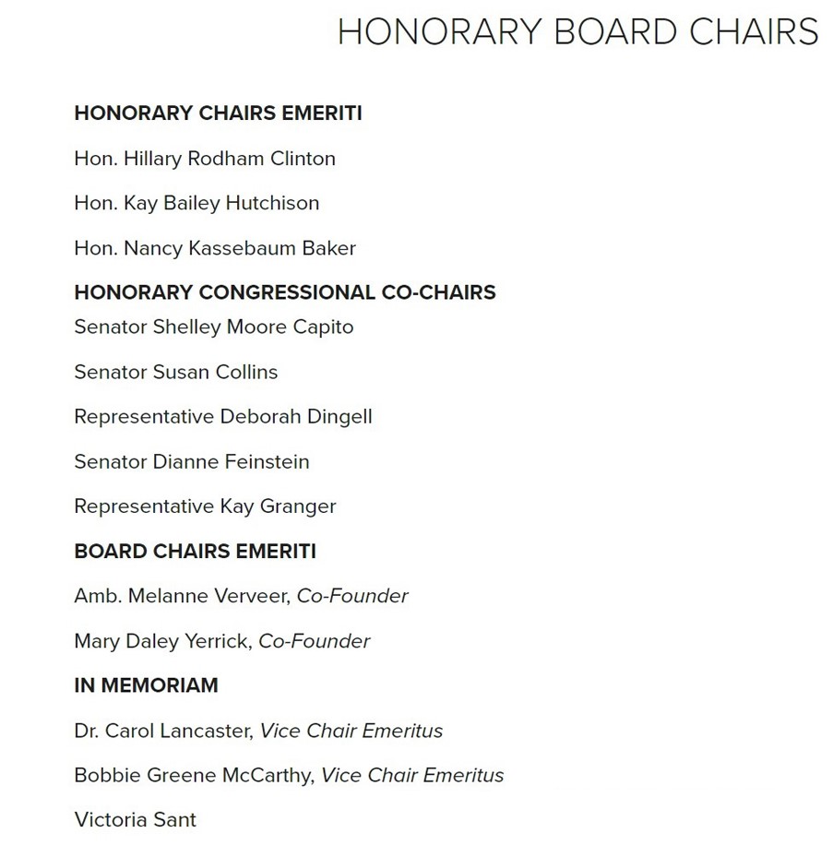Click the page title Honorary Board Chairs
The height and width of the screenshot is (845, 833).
(x=577, y=32)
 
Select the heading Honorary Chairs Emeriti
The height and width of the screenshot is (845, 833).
(x=218, y=113)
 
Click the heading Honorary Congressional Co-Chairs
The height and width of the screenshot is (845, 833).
(x=285, y=292)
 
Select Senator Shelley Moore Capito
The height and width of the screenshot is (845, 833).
(x=214, y=327)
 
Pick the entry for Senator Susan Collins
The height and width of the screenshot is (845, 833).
(x=175, y=372)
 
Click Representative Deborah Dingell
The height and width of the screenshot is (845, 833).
(x=223, y=416)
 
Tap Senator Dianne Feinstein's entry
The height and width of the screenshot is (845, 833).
(x=192, y=461)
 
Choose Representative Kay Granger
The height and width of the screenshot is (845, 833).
(x=205, y=506)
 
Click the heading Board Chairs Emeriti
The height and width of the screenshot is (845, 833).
(x=195, y=552)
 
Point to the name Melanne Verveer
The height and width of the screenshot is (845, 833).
(x=210, y=596)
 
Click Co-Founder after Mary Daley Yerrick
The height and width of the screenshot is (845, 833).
(x=314, y=641)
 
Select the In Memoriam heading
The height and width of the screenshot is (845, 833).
(x=146, y=685)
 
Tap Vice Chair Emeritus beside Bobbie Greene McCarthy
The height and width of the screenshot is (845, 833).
(x=412, y=776)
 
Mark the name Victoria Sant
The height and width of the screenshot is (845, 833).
(x=135, y=819)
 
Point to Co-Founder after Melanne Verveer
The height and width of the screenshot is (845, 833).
(x=352, y=596)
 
